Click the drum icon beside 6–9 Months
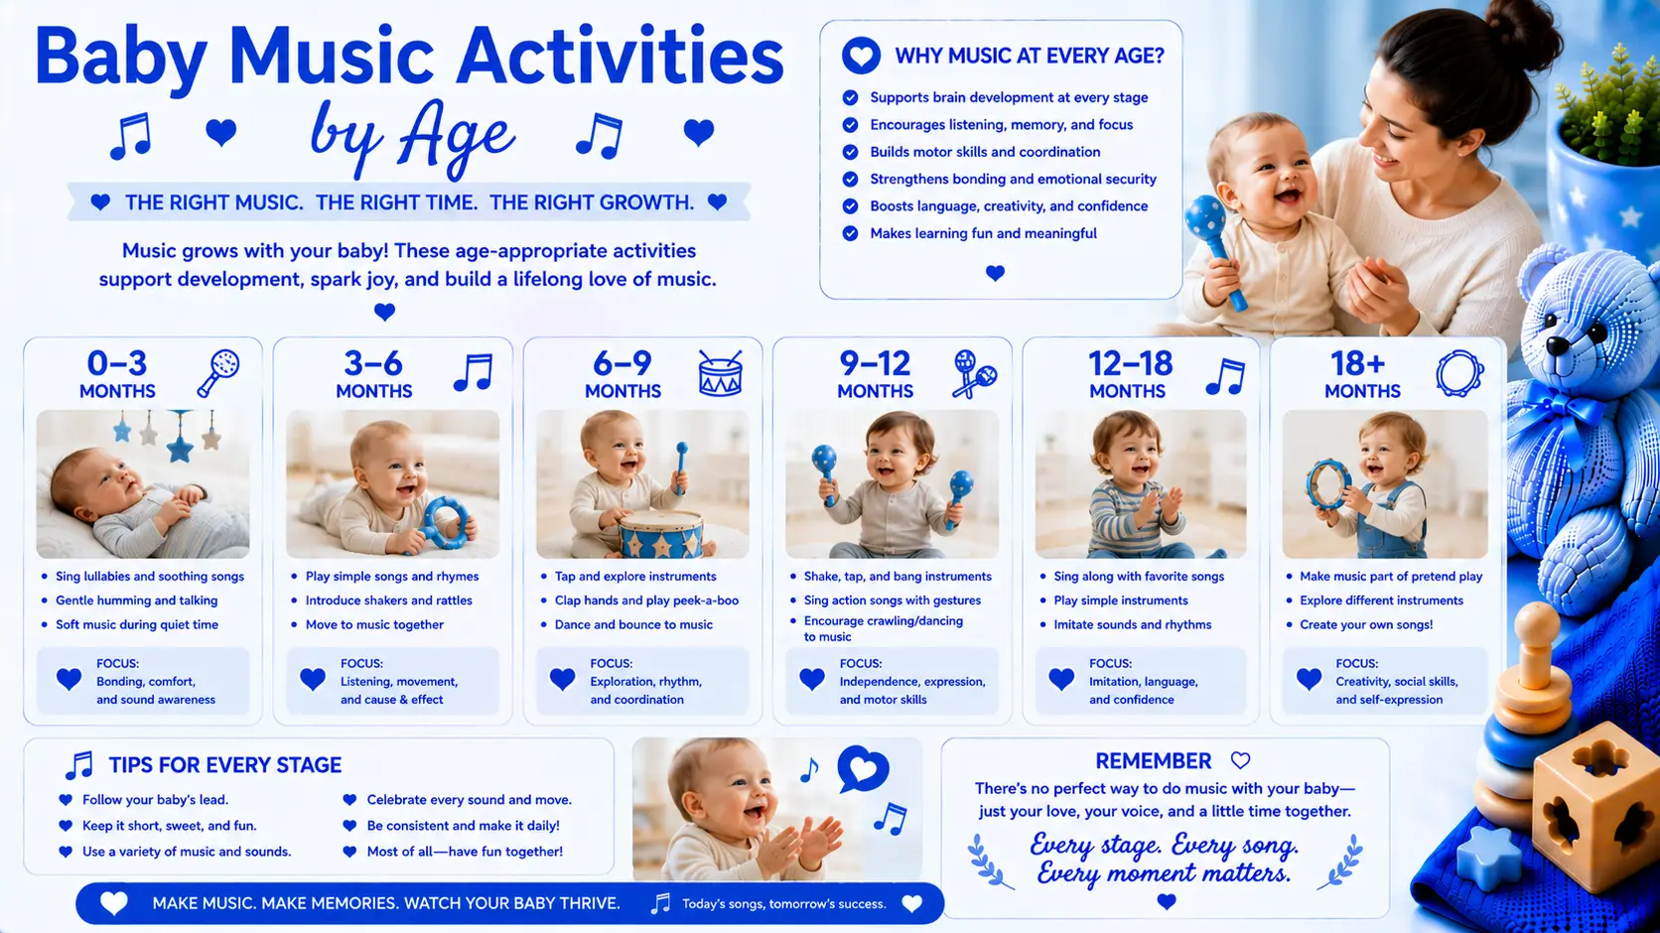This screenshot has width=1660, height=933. (x=721, y=373)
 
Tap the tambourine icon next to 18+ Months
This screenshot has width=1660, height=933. (x=1459, y=373)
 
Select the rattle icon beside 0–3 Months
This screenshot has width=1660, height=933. (x=218, y=373)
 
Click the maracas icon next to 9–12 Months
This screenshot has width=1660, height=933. (x=974, y=374)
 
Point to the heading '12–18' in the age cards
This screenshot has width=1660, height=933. (x=1130, y=364)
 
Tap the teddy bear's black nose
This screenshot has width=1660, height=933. (x=1557, y=344)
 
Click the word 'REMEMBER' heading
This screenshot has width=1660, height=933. (x=1153, y=761)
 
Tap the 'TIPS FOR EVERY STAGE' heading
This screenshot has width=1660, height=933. (x=225, y=765)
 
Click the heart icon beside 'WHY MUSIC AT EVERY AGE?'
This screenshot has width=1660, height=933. (x=861, y=56)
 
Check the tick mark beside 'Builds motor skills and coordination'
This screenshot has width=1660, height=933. (x=850, y=152)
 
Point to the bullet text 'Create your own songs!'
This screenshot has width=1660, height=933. (x=1366, y=624)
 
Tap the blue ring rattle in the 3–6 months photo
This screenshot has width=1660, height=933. (x=446, y=523)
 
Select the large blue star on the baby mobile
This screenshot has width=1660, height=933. (x=180, y=448)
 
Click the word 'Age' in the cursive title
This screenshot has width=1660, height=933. (x=456, y=137)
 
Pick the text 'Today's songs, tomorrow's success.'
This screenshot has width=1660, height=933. (x=784, y=904)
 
